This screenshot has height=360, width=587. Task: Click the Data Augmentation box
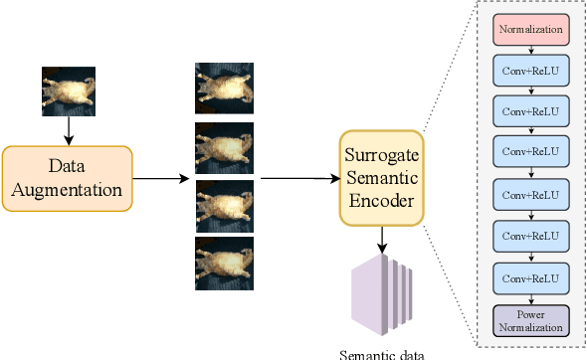click(x=67, y=178)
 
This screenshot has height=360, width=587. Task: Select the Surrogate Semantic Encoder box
click(x=382, y=178)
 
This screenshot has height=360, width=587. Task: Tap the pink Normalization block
click(x=530, y=29)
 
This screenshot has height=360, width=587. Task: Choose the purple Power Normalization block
click(x=530, y=319)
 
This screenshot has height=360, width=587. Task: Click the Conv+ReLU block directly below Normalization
click(x=530, y=69)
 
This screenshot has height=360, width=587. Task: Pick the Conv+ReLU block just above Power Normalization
click(x=530, y=276)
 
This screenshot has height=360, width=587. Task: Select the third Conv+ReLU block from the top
click(x=530, y=151)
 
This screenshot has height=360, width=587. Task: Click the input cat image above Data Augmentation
click(x=68, y=91)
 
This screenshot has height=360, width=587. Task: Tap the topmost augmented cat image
click(x=223, y=88)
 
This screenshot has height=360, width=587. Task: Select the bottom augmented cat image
click(x=223, y=263)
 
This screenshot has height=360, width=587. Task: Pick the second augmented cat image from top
click(x=223, y=146)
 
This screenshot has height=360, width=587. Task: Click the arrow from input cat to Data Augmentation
click(x=68, y=131)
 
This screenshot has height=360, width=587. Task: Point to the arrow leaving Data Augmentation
click(x=160, y=179)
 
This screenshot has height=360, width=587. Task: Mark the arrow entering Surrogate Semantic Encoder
click(x=298, y=179)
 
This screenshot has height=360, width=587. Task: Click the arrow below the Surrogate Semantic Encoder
click(x=382, y=240)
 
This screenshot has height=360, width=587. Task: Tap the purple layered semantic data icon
click(x=380, y=294)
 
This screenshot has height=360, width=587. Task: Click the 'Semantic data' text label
click(x=381, y=354)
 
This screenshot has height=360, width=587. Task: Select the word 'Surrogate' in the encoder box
click(x=383, y=156)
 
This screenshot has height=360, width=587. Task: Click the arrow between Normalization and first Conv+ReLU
click(x=530, y=48)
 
